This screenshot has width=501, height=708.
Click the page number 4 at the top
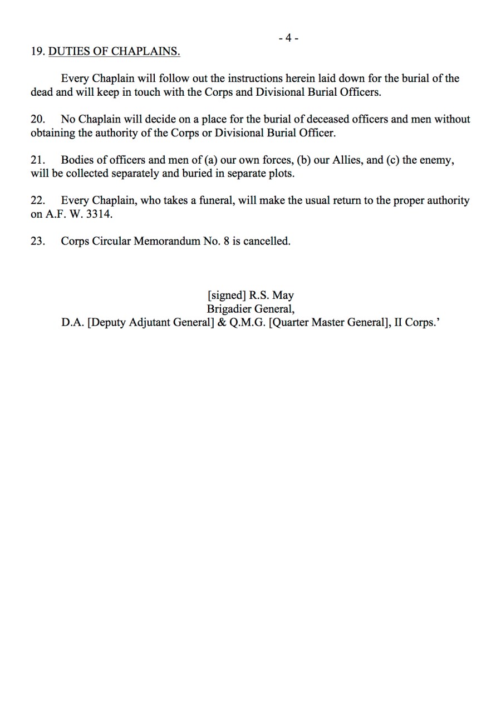(288, 38)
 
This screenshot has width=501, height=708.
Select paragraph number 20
(37, 119)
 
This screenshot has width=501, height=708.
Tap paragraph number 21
(37, 160)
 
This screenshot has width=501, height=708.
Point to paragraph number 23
(37, 241)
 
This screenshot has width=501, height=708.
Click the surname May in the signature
(283, 296)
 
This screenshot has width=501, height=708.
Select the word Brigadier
(229, 309)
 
